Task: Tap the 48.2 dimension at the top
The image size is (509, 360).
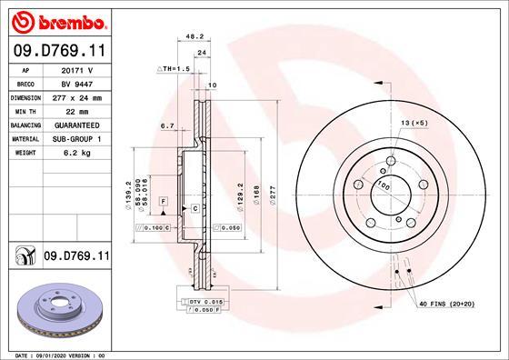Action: [x=193, y=37]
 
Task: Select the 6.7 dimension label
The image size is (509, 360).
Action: [x=166, y=126]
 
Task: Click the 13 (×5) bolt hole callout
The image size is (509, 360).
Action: [x=413, y=122]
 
